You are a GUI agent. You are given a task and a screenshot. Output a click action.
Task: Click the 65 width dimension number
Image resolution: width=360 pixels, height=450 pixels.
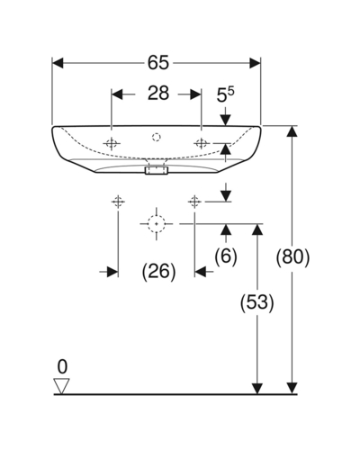[x=158, y=63]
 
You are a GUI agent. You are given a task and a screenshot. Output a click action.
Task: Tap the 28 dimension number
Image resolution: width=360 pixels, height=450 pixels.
[x=158, y=94]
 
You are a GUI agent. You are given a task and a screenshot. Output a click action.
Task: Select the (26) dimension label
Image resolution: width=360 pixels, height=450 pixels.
[x=158, y=272]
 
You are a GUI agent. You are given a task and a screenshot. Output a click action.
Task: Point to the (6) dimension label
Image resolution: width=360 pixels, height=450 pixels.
[x=226, y=256]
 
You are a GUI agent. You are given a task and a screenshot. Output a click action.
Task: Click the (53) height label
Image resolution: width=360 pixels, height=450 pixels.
[x=257, y=302]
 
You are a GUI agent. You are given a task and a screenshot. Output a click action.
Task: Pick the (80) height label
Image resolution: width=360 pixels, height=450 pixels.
[x=292, y=256]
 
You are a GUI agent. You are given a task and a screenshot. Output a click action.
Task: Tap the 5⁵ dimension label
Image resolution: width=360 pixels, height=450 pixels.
[x=226, y=94]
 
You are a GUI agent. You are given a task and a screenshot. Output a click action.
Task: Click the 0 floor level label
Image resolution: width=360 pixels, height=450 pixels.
[x=62, y=366]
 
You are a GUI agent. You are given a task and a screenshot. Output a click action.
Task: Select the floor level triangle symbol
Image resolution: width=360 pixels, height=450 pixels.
[x=61, y=386]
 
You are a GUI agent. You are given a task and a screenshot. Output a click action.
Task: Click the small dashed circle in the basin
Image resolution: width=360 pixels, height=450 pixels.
[x=157, y=138]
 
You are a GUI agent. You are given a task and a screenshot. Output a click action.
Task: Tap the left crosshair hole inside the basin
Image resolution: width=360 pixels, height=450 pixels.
[x=112, y=144]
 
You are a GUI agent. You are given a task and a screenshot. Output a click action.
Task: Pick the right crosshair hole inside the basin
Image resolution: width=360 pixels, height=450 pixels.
[x=201, y=143]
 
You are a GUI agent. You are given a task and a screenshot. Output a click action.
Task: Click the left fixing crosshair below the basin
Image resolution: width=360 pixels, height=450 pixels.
[x=118, y=202]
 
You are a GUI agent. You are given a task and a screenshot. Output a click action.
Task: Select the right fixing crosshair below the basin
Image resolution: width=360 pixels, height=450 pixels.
[x=194, y=202]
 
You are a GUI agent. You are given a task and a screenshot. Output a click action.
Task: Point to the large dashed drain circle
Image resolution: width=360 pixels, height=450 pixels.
[x=157, y=224]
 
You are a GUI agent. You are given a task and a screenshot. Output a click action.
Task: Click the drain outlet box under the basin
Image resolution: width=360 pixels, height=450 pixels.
[x=157, y=170]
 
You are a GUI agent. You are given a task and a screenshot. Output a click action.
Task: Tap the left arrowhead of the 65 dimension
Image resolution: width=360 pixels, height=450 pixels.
[x=58, y=63]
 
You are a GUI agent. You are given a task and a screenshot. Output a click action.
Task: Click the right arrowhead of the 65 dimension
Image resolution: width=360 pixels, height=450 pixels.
[x=255, y=63]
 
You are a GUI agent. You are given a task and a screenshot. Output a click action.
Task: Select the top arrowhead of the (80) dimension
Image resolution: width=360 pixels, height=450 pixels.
[x=292, y=131]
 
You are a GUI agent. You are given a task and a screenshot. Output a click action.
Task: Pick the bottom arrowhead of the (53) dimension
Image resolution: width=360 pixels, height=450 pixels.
[x=257, y=389]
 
